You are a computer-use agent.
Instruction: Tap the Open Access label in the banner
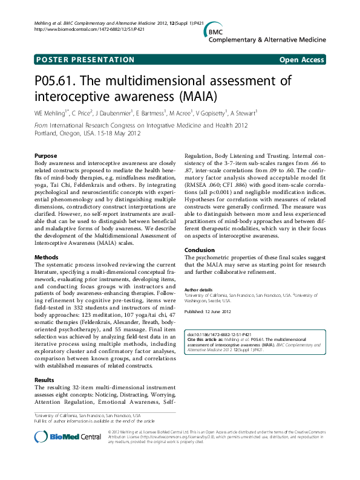click(301, 60)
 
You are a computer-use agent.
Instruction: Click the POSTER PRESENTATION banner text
click(85, 60)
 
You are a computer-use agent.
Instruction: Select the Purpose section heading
click(46, 156)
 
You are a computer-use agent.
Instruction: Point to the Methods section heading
click(47, 257)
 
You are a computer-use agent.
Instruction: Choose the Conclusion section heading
click(200, 250)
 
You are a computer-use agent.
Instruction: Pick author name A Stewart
click(243, 112)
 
